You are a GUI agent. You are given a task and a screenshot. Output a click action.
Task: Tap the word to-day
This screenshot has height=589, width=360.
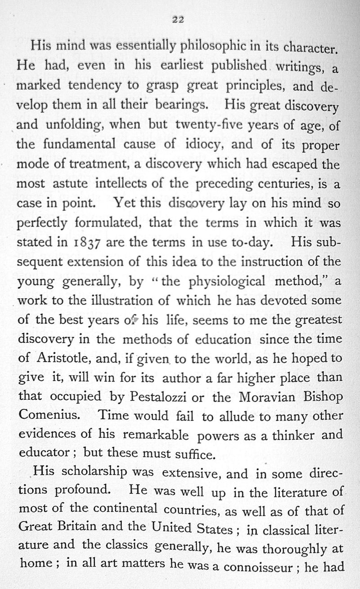point(244,242)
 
